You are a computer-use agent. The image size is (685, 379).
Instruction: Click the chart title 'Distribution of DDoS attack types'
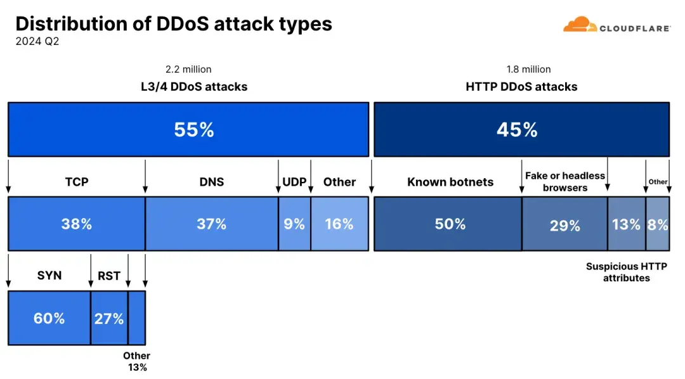click(173, 23)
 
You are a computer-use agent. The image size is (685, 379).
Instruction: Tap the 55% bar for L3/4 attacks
click(188, 129)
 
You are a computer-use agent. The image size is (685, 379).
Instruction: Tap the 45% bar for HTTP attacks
click(521, 129)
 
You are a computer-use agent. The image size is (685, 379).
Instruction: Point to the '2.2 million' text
click(188, 69)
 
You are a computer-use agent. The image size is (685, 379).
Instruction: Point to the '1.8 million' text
click(528, 69)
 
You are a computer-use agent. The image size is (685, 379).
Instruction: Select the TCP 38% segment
click(77, 224)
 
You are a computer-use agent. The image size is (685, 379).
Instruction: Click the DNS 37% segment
click(211, 224)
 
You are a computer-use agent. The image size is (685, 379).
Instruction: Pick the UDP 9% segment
click(294, 224)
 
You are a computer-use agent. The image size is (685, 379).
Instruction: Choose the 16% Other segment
click(339, 224)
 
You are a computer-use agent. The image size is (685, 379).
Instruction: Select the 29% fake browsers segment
click(564, 224)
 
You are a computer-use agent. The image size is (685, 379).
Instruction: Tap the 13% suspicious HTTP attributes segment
click(626, 224)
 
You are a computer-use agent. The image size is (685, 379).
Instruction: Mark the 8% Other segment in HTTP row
click(657, 224)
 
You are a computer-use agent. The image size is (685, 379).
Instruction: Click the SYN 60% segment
click(49, 318)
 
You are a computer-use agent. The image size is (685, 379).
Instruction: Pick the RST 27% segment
click(109, 318)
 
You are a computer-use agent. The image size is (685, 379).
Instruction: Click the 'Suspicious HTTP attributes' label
click(626, 272)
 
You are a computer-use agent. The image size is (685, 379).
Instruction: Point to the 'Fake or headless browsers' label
click(564, 181)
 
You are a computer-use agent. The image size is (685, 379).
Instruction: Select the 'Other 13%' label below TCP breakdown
click(136, 361)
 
